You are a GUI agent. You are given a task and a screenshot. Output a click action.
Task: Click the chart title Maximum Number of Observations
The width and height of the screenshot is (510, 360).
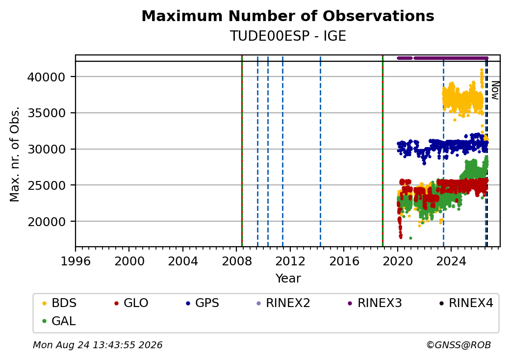pos(288,16)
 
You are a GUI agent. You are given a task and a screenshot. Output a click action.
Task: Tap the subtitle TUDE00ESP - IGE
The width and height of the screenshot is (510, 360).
pos(288,36)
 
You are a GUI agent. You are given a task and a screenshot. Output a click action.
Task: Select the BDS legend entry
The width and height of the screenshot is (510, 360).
pos(59,303)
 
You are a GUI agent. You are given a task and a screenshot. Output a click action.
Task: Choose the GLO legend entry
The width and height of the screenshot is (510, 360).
pos(131,303)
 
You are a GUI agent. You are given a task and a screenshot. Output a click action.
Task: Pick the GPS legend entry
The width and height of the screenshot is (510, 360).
pos(203,303)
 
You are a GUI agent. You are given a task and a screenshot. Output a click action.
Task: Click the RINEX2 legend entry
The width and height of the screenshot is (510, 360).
pos(283,303)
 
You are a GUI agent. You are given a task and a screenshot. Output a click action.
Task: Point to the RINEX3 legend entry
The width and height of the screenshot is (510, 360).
pos(375,303)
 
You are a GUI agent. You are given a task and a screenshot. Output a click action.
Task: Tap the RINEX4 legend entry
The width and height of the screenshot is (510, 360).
pos(466,303)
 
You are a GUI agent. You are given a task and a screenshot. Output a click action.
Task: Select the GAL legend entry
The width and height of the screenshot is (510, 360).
pos(59,321)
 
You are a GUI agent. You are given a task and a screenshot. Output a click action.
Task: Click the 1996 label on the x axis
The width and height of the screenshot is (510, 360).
pos(76,261)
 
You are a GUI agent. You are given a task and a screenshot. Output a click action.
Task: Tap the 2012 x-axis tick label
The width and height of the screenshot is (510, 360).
pos(290,261)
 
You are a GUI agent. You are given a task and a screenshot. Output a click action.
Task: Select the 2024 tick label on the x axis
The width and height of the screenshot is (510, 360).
pos(451,261)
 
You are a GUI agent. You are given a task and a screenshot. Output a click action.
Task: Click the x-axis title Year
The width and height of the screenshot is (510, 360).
pos(288,279)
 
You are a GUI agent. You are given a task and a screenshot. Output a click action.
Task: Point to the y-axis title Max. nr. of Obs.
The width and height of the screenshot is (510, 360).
pos(15,154)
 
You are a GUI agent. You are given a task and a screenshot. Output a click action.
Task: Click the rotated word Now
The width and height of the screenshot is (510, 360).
pos(495,90)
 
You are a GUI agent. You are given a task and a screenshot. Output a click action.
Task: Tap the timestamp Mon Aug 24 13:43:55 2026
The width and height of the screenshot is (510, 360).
pos(98,345)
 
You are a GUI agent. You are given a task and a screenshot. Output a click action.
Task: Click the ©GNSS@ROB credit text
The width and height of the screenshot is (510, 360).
pos(459,345)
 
